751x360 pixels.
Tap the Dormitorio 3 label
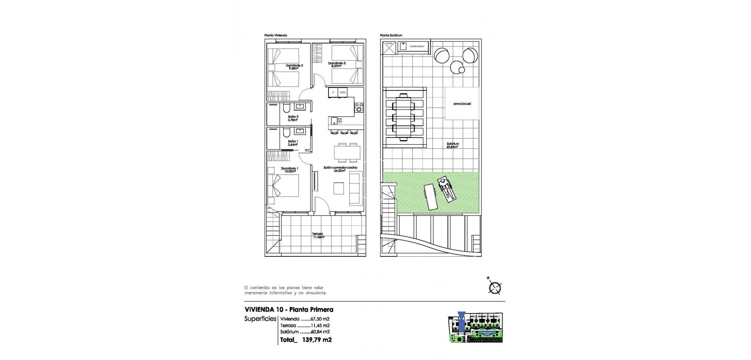[337, 64]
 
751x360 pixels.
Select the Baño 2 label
[293, 118]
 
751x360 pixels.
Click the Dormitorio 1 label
[289, 169]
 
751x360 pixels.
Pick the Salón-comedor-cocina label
[340, 169]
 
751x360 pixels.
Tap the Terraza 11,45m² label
[318, 236]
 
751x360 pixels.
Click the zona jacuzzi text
[462, 104]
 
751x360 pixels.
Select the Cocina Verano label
[417, 47]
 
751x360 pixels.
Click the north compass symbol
[495, 288]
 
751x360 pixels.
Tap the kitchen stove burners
[359, 108]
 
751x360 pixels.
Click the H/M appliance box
[343, 92]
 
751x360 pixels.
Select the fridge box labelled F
[333, 92]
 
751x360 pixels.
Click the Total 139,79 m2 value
[306, 340]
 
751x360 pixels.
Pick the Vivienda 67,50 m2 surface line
[305, 319]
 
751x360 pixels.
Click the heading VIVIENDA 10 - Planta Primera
[289, 310]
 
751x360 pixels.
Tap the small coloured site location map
[475, 328]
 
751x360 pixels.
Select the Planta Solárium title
[391, 35]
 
